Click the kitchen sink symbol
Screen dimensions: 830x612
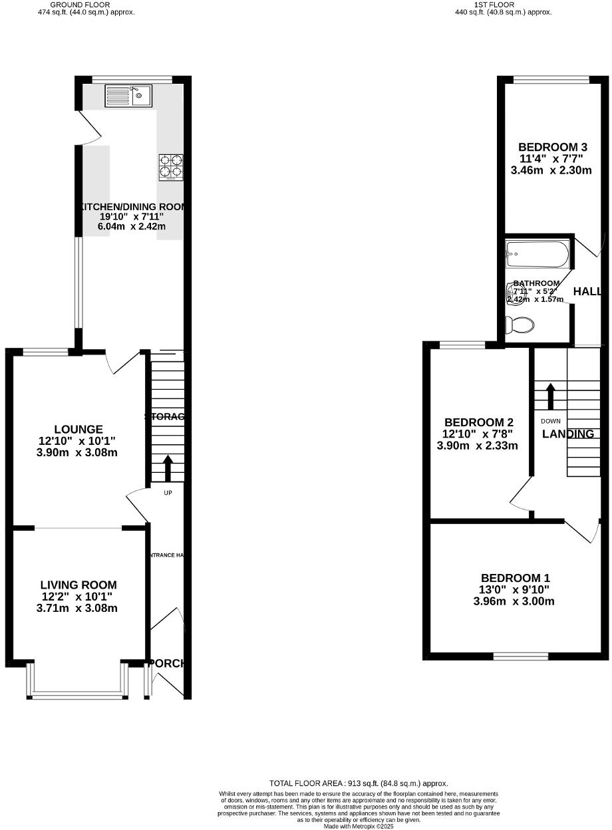pos(128,96)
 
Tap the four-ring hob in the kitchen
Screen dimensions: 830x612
pos(171,168)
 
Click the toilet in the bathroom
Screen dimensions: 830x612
pos(520,325)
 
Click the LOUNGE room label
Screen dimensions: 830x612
pos(78,430)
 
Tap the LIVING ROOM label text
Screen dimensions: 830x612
pos(78,585)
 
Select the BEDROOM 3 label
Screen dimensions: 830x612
pos(553,148)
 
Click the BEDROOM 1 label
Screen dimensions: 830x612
pos(516,579)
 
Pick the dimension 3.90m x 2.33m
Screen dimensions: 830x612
pos(477,446)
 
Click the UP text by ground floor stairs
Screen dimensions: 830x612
pos(168,493)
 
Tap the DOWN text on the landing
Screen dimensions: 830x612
pos(550,421)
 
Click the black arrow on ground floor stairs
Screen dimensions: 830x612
pos(168,468)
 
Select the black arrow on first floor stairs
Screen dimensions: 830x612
pos(550,396)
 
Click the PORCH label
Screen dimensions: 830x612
pos(167,664)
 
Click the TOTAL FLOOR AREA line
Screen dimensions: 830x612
pos(359,783)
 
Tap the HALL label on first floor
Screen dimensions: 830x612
pos(587,292)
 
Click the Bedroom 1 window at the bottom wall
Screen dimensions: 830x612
pos(521,656)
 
